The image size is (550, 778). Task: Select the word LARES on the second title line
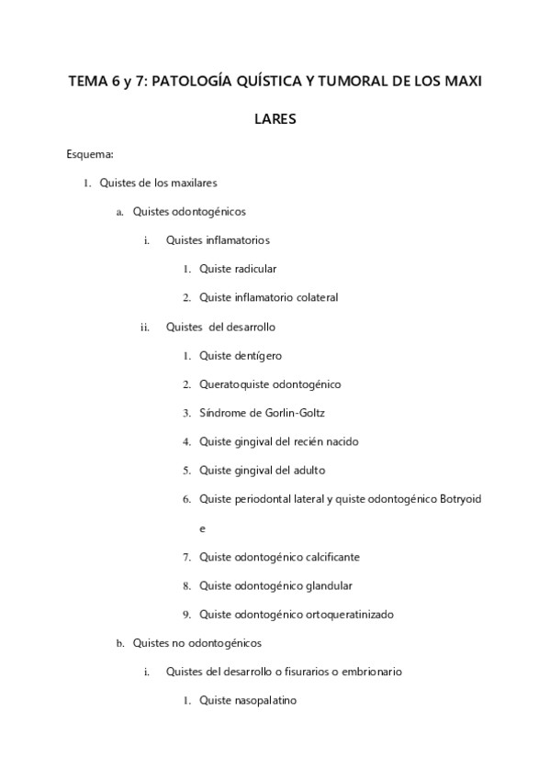275,118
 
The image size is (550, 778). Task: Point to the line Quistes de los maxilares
158,183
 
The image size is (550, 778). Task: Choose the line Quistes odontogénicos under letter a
189,211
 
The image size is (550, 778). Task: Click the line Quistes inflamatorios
218,240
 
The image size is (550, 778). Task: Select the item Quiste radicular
238,269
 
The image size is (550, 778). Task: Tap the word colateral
311,297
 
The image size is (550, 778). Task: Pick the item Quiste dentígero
241,355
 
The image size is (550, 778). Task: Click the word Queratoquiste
235,384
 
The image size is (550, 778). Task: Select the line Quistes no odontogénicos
197,643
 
